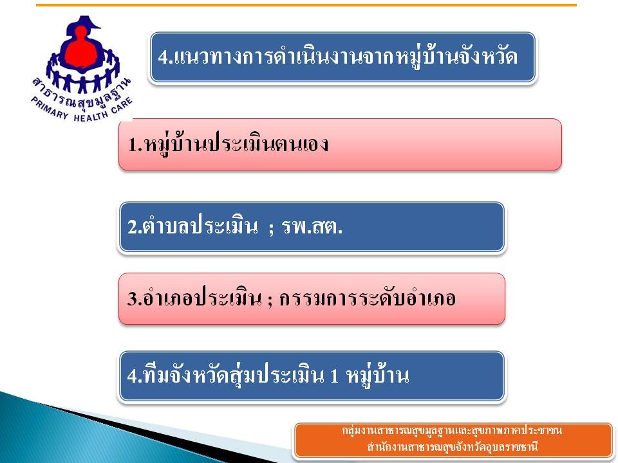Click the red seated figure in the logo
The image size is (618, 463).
81,50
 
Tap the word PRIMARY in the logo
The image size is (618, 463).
50,107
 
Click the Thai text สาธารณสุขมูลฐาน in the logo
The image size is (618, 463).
81,95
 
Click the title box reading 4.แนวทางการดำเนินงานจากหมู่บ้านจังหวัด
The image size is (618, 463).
342,57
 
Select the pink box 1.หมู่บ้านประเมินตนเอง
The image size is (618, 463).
340,145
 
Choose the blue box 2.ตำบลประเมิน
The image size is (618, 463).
312,227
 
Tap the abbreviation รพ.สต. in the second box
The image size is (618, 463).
312,227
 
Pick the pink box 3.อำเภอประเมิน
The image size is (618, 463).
312,299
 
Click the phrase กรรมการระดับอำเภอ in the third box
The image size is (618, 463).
368,298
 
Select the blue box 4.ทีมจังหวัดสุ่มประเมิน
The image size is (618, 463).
312,377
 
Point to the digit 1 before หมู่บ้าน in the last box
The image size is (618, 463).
334,376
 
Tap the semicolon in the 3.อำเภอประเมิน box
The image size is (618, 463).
270,301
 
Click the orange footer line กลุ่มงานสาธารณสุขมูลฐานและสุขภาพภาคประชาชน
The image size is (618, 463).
452,431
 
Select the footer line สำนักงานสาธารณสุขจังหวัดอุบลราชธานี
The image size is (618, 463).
453,448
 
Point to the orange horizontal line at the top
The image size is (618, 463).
306,5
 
